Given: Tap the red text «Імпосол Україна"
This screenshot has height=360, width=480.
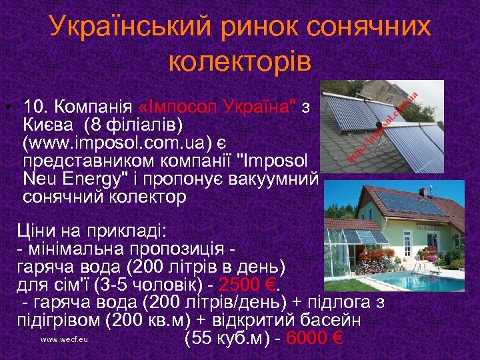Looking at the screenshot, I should point(219,107).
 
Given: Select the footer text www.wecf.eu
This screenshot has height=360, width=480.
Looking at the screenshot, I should point(64,339).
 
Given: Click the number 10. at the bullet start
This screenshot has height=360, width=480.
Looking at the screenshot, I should point(37,107).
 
